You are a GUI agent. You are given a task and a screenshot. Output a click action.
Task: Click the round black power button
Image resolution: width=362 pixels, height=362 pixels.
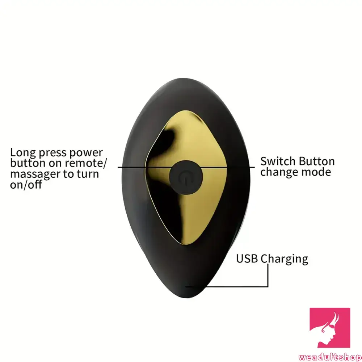coord(185,177)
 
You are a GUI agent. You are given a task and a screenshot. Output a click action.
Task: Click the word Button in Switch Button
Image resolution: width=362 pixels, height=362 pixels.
coord(316,161)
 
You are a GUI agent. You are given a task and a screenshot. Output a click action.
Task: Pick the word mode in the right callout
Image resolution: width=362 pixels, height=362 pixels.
coord(317,172)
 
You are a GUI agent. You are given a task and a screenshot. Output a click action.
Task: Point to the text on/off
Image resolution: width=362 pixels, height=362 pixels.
coord(26,185)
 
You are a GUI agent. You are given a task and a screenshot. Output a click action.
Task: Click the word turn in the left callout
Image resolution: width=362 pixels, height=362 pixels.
coord(87,174)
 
